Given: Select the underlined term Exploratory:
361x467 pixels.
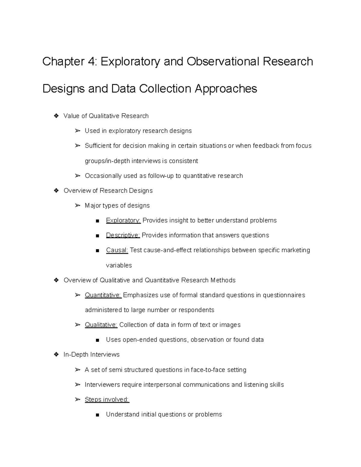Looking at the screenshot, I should click(123, 220).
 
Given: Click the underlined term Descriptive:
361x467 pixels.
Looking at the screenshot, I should click(123, 235).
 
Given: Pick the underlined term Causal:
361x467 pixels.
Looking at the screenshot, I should click(117, 250).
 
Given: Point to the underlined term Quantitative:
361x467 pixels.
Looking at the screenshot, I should click(103, 295).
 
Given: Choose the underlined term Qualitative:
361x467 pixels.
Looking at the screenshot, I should click(101, 325).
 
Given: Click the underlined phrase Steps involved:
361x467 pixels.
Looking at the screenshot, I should click(107, 399).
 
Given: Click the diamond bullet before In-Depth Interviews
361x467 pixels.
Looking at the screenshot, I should click(56, 355).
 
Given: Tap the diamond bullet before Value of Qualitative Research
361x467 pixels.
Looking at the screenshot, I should click(56, 116).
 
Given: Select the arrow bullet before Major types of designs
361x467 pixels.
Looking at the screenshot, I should click(78, 205).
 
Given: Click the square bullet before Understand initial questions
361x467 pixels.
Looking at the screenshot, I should click(97, 415).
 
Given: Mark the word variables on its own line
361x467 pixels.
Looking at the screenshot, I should click(119, 265).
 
